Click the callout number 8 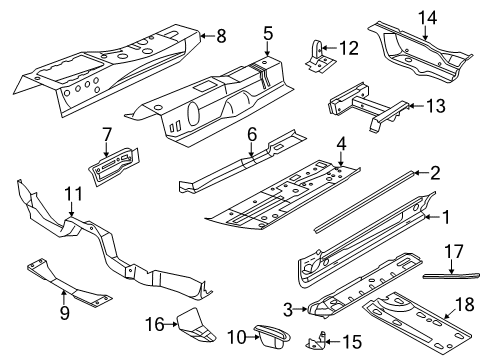pyautogui.click(x=221, y=36)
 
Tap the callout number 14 pyautogui.click(x=427, y=17)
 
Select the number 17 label pyautogui.click(x=454, y=252)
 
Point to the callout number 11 pyautogui.click(x=73, y=194)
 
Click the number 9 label pyautogui.click(x=65, y=313)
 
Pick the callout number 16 pyautogui.click(x=155, y=324)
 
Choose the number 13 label pyautogui.click(x=435, y=106)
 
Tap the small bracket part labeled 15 pyautogui.click(x=315, y=342)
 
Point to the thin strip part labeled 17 pyautogui.click(x=451, y=276)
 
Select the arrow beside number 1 pyautogui.click(x=431, y=217)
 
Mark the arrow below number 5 pyautogui.click(x=268, y=48)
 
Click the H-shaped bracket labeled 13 pyautogui.click(x=370, y=107)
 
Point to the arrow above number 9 pyautogui.click(x=64, y=296)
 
